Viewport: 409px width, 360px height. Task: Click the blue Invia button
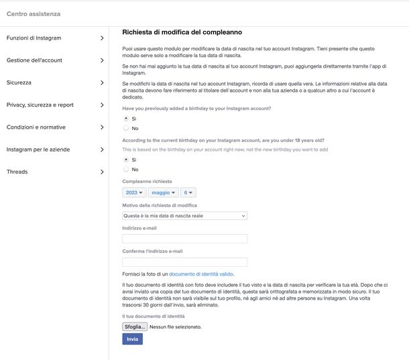[x=132, y=339]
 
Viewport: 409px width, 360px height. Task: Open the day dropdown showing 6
[x=188, y=192]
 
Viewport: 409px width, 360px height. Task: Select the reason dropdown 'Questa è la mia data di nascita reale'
[x=185, y=216]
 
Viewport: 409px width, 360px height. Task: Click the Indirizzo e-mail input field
[x=185, y=239]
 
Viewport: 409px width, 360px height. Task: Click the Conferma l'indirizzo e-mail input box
[x=185, y=262]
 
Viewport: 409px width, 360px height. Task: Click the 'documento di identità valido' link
[x=201, y=274]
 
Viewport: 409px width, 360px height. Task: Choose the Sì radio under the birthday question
[x=126, y=119]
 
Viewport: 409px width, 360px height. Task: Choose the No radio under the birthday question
[x=126, y=128]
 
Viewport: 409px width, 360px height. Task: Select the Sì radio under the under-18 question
[x=126, y=160]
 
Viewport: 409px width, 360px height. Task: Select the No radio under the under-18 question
[x=126, y=170]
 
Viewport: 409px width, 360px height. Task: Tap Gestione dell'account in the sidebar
[x=34, y=60]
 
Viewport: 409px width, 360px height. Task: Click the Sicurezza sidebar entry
[x=19, y=82]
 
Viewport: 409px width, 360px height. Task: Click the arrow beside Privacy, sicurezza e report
[x=102, y=105]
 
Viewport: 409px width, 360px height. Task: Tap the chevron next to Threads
[x=102, y=172]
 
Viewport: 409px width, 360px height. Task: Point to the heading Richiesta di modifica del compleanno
[x=182, y=32]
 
